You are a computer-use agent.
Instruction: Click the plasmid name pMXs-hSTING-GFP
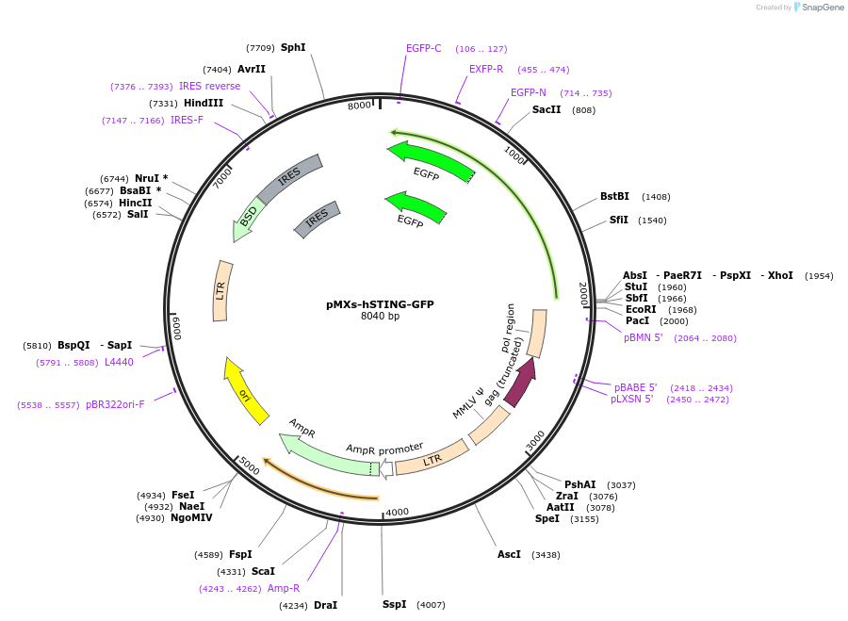pos(380,304)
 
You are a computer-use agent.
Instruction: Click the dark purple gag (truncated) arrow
pos(521,383)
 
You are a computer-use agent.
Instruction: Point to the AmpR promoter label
pos(384,449)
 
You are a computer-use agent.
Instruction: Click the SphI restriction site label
pos(293,48)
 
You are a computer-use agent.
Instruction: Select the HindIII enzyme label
pos(204,103)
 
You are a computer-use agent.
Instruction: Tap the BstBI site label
pos(614,196)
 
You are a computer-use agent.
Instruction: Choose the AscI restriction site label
pos(509,554)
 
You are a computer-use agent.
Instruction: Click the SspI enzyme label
pos(394,604)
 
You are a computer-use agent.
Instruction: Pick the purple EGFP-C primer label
pos(423,49)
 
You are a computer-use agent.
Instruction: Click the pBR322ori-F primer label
pos(115,404)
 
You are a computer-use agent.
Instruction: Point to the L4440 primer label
pos(119,362)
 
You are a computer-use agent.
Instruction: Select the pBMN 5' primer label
pos(643,337)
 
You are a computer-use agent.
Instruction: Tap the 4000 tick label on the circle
pos(398,513)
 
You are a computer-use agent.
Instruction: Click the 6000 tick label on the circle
pos(177,328)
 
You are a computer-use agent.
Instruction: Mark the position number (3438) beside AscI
pos(546,555)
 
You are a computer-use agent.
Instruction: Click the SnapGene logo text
pos(822,7)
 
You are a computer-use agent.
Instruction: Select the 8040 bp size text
pos(381,316)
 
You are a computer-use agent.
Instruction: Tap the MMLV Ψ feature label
pos(468,403)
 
